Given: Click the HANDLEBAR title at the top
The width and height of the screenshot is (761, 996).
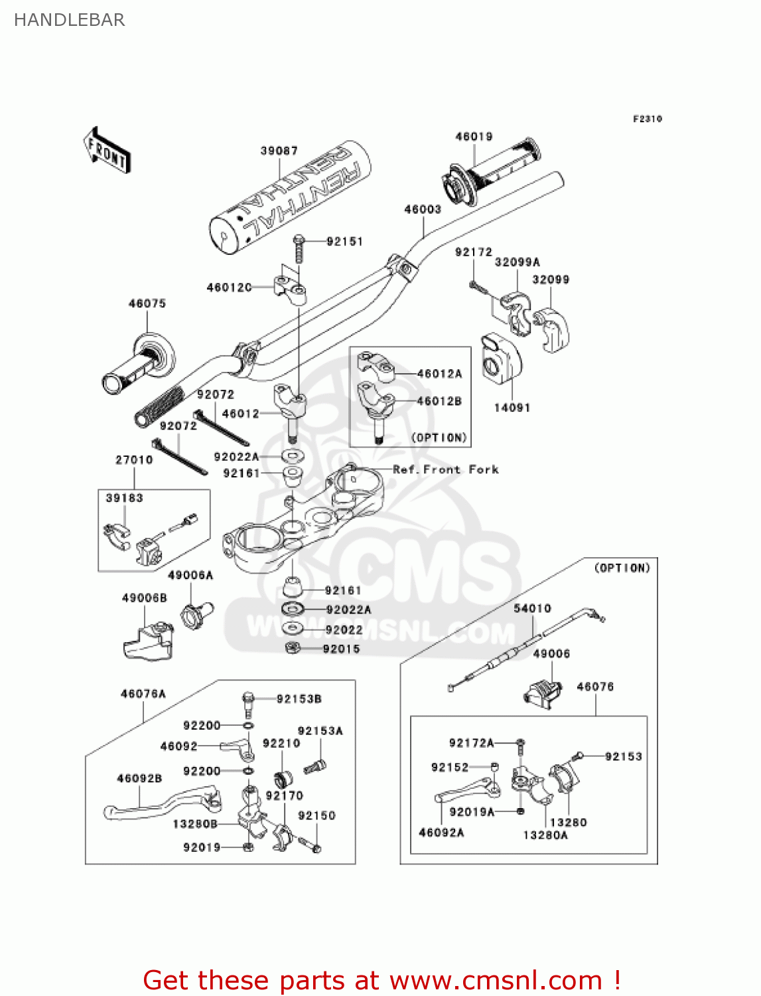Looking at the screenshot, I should click(69, 20).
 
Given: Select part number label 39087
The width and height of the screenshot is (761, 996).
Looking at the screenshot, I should click(279, 151).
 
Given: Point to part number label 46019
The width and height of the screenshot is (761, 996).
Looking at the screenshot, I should click(474, 137).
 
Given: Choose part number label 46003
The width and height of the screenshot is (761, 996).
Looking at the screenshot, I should click(423, 209).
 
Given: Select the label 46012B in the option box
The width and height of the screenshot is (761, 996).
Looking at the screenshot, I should click(439, 401).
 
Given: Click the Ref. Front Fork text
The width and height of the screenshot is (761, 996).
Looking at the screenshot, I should click(445, 469).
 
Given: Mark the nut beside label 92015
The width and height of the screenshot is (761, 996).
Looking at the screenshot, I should click(291, 648).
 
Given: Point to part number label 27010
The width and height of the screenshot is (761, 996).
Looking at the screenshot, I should click(134, 459).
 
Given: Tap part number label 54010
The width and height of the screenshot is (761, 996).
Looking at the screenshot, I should click(532, 608).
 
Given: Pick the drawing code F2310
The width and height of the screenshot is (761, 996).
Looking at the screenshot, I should click(647, 119).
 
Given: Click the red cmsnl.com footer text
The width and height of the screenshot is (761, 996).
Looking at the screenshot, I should click(381, 980).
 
